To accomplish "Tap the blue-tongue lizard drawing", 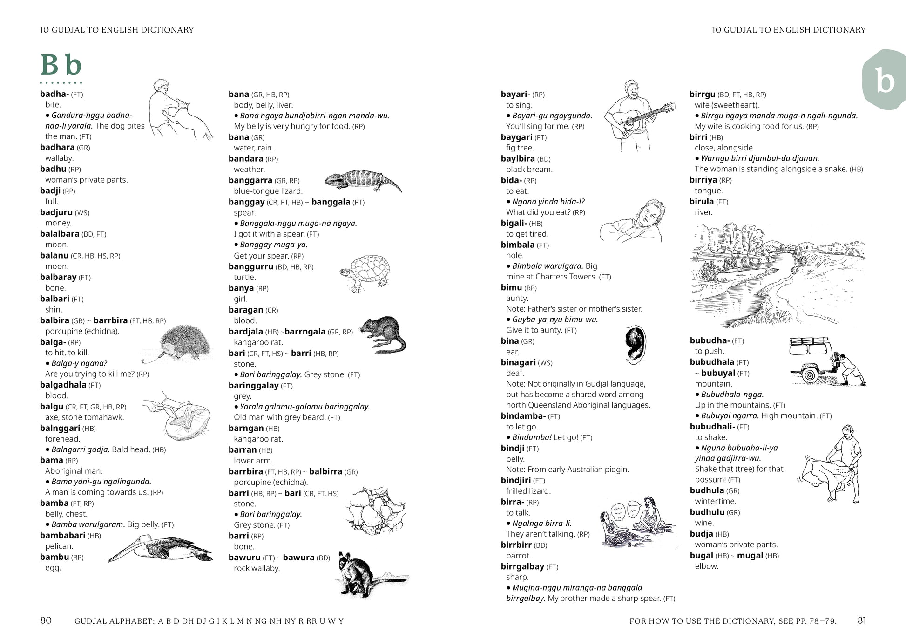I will tap(362, 180).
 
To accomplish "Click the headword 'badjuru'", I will tap(56, 212).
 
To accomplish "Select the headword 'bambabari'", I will tap(62, 535).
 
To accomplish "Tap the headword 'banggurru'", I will tap(250, 266).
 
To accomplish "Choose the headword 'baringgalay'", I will tap(253, 385).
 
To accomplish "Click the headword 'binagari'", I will tap(518, 362).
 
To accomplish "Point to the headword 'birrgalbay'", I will tap(522, 566).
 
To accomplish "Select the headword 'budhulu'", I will tap(707, 512).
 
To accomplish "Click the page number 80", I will tap(46, 620).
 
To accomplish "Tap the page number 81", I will tap(862, 620).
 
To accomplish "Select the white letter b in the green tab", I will tap(884, 81).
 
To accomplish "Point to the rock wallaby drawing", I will tap(358, 575).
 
